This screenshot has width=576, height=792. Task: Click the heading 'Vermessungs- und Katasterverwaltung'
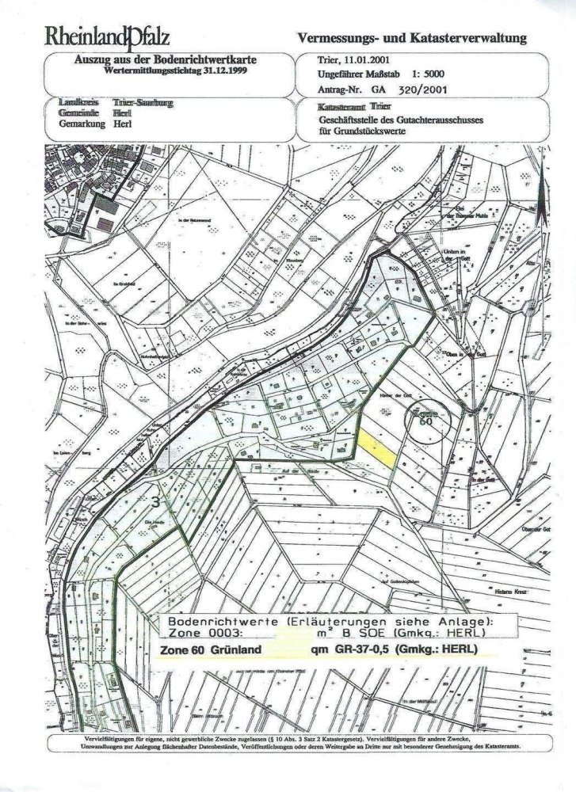pyautogui.click(x=410, y=38)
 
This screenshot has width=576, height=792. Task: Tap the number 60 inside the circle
pyautogui.click(x=425, y=422)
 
